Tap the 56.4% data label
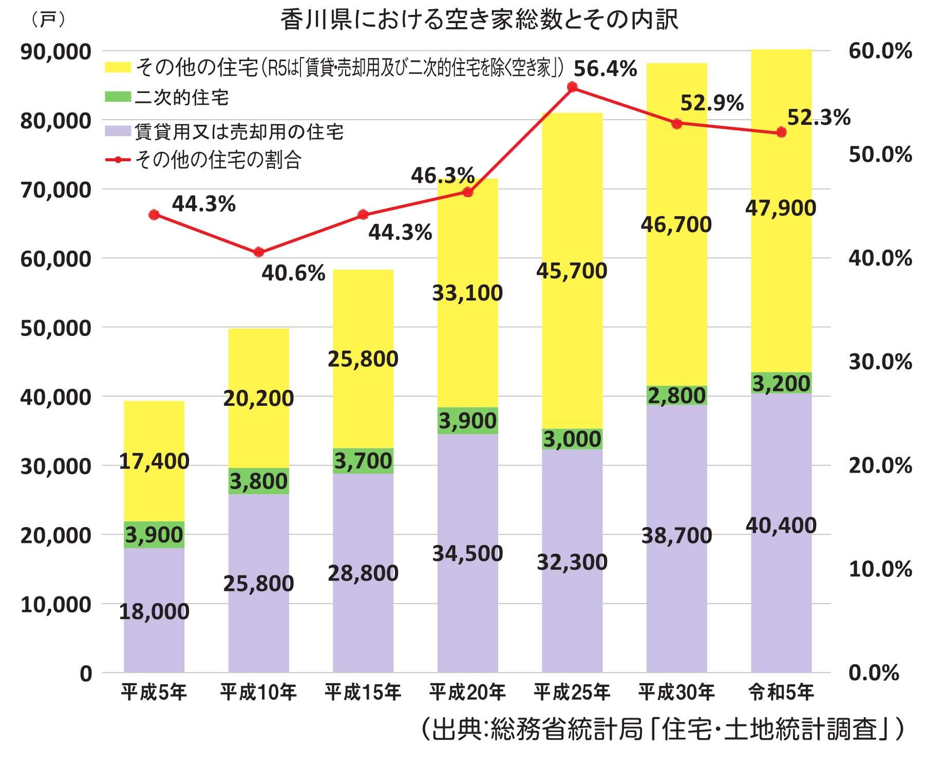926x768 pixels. coord(605,69)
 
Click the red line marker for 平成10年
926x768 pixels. coord(259,252)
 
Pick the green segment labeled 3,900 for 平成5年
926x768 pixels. coord(154,535)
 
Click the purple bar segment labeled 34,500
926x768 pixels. coord(467,554)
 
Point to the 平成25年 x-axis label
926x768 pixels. coord(572,692)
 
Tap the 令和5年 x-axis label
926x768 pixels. coord(781,692)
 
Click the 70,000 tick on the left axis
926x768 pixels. coord(55,190)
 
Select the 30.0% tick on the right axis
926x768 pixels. coord(880,362)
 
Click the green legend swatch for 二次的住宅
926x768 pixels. coord(118,97)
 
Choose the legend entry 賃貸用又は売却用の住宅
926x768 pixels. coord(239,132)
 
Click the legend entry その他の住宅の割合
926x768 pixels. coord(218,160)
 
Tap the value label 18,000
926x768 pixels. coord(154,612)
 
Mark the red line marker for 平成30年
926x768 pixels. coord(676,124)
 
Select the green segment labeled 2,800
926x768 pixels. coord(676,396)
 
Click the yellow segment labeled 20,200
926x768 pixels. coord(258,399)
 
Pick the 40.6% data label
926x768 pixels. coord(293,273)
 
